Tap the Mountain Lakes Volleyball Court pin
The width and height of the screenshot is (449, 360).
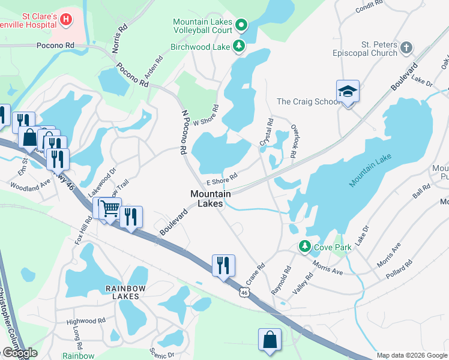pos(241,25)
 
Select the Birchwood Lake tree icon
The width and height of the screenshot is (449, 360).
pos(240,46)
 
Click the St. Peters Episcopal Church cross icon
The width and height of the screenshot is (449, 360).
pos(406,47)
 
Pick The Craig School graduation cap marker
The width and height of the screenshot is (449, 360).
pos(348,92)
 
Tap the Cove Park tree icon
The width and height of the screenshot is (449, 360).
pos(305,247)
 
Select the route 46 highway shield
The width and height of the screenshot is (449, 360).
pos(243,292)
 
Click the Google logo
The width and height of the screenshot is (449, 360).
pos(20,353)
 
